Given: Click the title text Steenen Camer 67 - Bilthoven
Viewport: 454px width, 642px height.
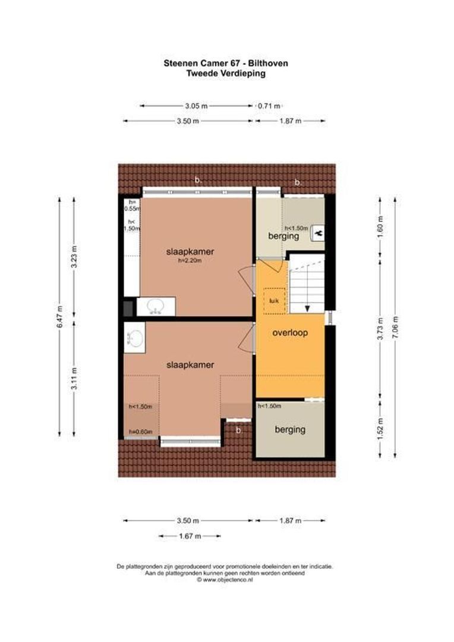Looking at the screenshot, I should point(226,62).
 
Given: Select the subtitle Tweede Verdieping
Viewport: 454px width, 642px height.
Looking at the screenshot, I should point(226,74).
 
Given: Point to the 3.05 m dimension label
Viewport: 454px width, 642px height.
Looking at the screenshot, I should point(196,106).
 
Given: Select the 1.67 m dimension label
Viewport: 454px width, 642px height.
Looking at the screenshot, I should point(190,536).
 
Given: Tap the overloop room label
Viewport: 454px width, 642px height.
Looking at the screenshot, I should point(289,333).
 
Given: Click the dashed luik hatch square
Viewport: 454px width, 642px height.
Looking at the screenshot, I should point(275,301).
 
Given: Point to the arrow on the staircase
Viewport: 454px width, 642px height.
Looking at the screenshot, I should point(308,307).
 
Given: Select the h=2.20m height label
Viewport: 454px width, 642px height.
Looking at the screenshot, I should point(190,261).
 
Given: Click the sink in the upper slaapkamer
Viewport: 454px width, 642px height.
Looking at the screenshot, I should point(156,306).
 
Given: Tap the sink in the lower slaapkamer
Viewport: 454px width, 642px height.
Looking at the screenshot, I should point(135,338).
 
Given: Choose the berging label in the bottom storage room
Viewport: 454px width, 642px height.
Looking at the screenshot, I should point(289,429).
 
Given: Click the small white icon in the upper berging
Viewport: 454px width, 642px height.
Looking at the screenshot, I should point(317,232).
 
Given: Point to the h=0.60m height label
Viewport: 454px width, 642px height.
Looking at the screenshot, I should point(141,432).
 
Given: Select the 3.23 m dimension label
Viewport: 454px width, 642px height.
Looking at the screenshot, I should point(74,257).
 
